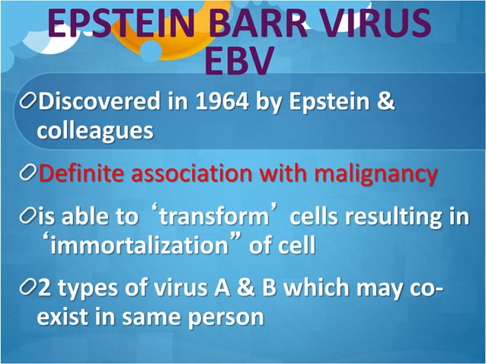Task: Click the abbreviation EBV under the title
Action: (242, 61)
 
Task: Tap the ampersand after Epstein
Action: (385, 101)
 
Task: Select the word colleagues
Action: (95, 130)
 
